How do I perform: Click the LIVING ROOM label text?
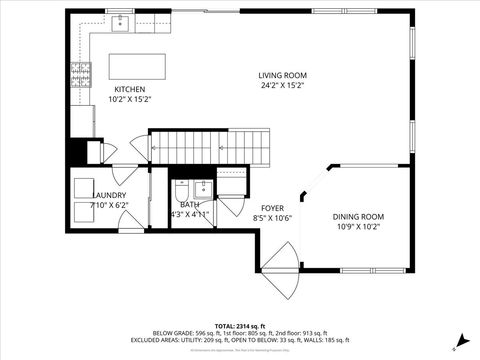(282, 75)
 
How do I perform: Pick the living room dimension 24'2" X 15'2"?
(282, 86)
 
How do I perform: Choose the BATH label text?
(190, 204)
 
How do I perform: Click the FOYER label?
(272, 207)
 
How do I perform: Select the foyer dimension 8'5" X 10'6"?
(272, 217)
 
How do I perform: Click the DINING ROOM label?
(358, 216)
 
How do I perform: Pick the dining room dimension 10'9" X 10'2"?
(358, 226)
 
